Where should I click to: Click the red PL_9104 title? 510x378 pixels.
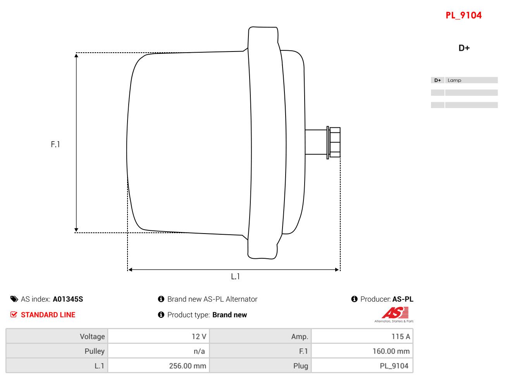(463, 15)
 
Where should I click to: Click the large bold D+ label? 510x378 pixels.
(464, 48)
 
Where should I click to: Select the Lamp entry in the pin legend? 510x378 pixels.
(454, 80)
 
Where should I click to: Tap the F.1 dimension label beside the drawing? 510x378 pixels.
(55, 144)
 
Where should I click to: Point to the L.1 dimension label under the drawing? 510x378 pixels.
(235, 277)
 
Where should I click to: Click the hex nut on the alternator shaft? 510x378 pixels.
(334, 143)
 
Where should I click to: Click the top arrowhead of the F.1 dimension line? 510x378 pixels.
(76, 56)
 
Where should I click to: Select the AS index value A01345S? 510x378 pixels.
(68, 299)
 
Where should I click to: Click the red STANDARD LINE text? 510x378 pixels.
(48, 315)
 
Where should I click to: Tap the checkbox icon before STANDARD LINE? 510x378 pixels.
(14, 314)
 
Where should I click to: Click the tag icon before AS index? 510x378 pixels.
(14, 299)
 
